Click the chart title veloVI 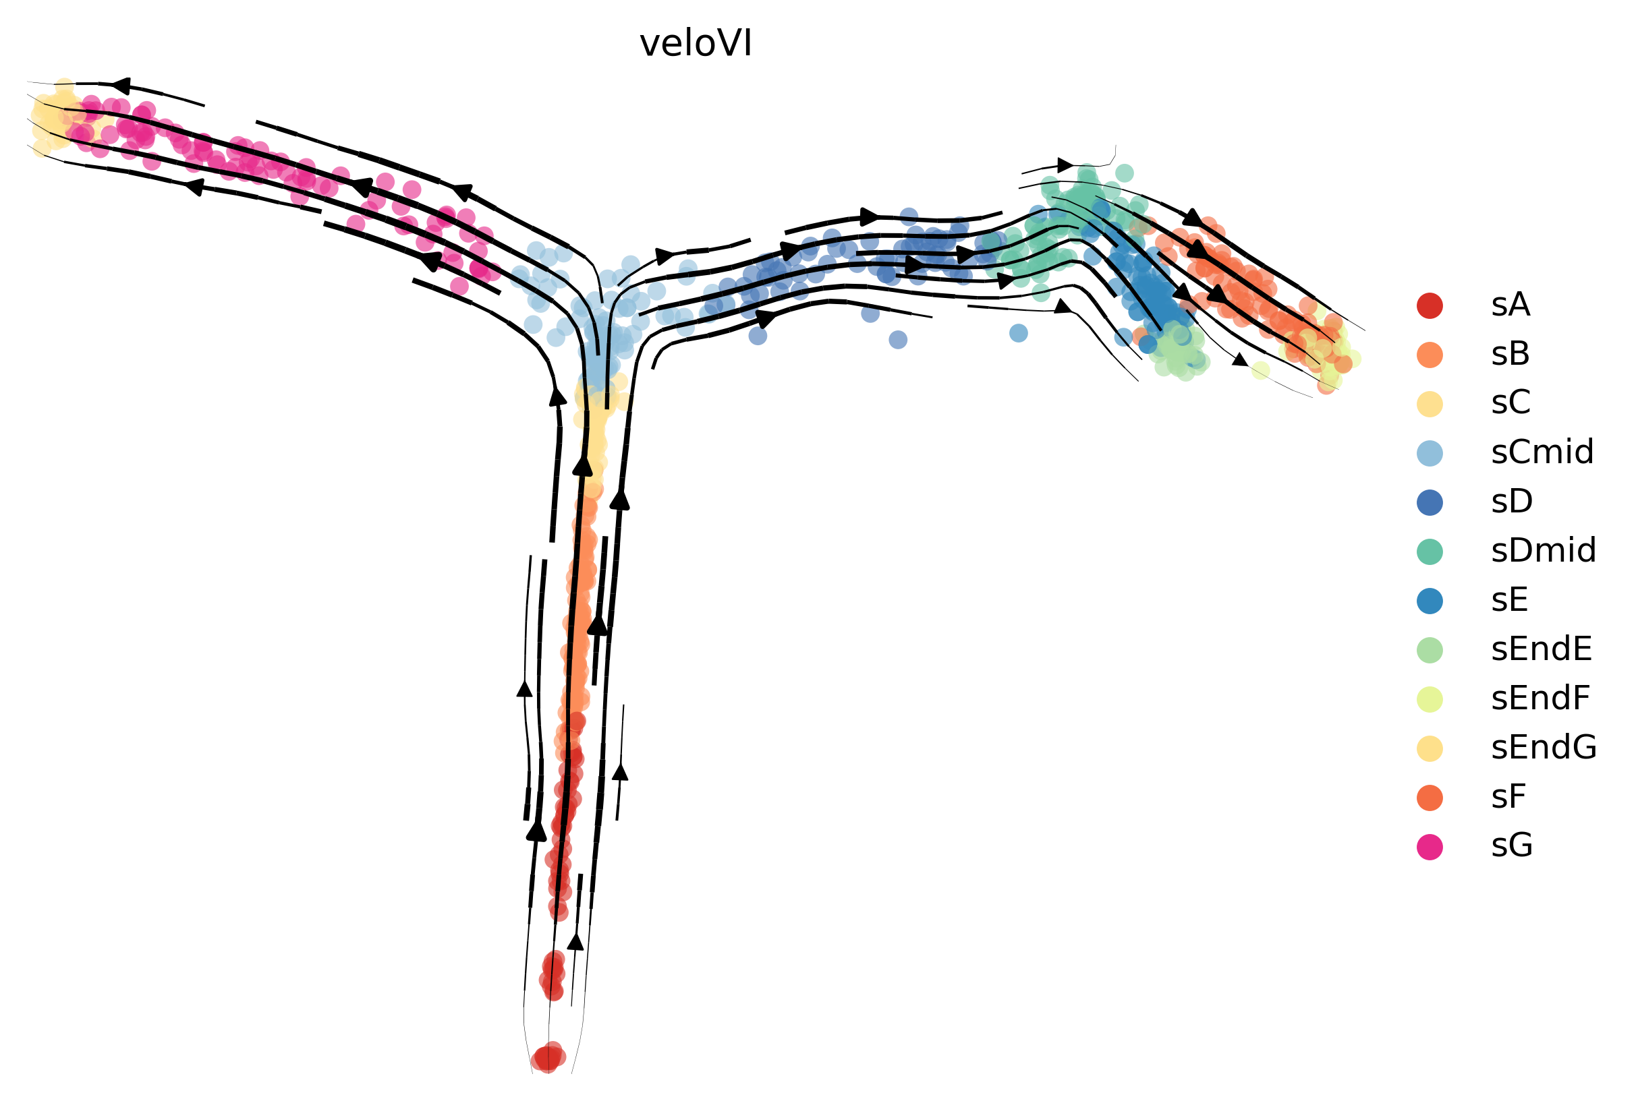696,44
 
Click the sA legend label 1510,305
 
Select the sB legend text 1510,355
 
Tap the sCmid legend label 1542,453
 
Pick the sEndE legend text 1542,649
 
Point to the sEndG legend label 1544,748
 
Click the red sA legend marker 1430,305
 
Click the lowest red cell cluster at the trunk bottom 547,1057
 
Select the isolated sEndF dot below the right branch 1260,370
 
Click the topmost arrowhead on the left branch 121,85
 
